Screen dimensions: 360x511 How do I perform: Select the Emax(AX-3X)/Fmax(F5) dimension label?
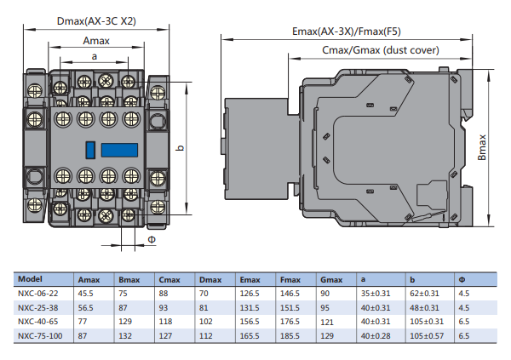(x=349, y=31)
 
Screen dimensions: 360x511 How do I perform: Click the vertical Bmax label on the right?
(x=481, y=147)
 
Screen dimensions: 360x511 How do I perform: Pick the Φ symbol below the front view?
(x=152, y=240)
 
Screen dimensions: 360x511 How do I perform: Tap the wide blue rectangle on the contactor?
(x=118, y=150)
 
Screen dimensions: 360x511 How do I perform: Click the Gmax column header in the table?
(x=331, y=279)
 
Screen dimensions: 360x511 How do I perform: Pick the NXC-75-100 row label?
(x=39, y=336)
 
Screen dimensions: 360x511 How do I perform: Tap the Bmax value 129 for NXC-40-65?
(x=126, y=322)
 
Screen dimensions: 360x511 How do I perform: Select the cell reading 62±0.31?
(x=422, y=293)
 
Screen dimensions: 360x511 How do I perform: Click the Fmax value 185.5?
(x=291, y=336)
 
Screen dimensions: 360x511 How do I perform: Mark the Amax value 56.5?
(x=86, y=307)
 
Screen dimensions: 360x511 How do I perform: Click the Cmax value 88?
(x=164, y=293)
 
